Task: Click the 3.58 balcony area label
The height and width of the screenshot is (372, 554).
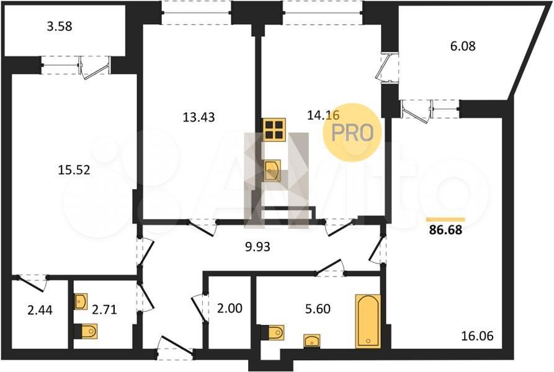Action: point(60,27)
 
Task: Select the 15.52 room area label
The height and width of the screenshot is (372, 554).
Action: point(74,170)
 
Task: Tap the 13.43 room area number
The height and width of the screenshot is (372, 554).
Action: point(199,117)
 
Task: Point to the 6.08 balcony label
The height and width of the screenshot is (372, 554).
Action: point(463,46)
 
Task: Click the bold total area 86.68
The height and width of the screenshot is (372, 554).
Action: point(445,230)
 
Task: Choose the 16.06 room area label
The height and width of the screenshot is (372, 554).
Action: point(477,336)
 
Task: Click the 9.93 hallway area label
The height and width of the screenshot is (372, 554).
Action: point(257,247)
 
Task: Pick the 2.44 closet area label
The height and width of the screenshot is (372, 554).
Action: point(40,310)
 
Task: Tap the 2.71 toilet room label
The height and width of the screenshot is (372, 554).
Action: point(104,309)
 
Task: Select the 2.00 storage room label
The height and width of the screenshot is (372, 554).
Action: point(230,308)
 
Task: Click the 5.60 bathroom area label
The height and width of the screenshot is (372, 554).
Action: point(318,309)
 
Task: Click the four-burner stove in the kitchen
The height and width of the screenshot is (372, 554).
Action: point(274,130)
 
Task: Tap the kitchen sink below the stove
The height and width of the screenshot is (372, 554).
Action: point(272,171)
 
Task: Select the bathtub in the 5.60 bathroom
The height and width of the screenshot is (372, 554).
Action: point(368,321)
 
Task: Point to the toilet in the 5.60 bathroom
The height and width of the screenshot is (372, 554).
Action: point(272,332)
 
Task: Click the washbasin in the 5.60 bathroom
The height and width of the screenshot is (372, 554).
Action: point(312,341)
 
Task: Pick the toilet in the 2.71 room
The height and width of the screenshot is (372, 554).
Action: point(86,332)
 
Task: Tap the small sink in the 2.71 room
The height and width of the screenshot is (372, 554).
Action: point(81,301)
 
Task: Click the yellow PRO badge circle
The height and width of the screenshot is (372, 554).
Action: point(352,132)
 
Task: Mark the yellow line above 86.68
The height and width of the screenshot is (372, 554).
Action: point(445,219)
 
